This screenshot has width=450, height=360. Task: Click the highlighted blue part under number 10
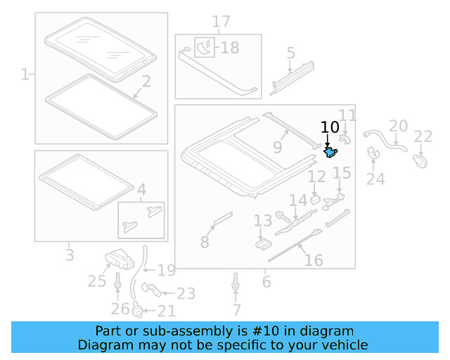coord(330,151)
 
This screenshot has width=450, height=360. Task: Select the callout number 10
coord(330,127)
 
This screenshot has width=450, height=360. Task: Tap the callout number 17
coord(221,22)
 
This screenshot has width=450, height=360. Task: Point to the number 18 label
coord(230,48)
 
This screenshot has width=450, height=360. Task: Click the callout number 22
coord(423,136)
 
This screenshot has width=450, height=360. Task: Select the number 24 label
coord(375,179)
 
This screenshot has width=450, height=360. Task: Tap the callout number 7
coord(236,309)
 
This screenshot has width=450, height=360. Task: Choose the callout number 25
coord(96,282)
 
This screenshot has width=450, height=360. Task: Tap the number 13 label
coord(262,221)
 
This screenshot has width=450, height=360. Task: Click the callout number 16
coord(314,261)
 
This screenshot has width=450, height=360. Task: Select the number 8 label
coord(205,243)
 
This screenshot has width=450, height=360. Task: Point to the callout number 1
coord(25,74)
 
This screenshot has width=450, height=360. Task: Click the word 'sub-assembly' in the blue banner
coord(200,330)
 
